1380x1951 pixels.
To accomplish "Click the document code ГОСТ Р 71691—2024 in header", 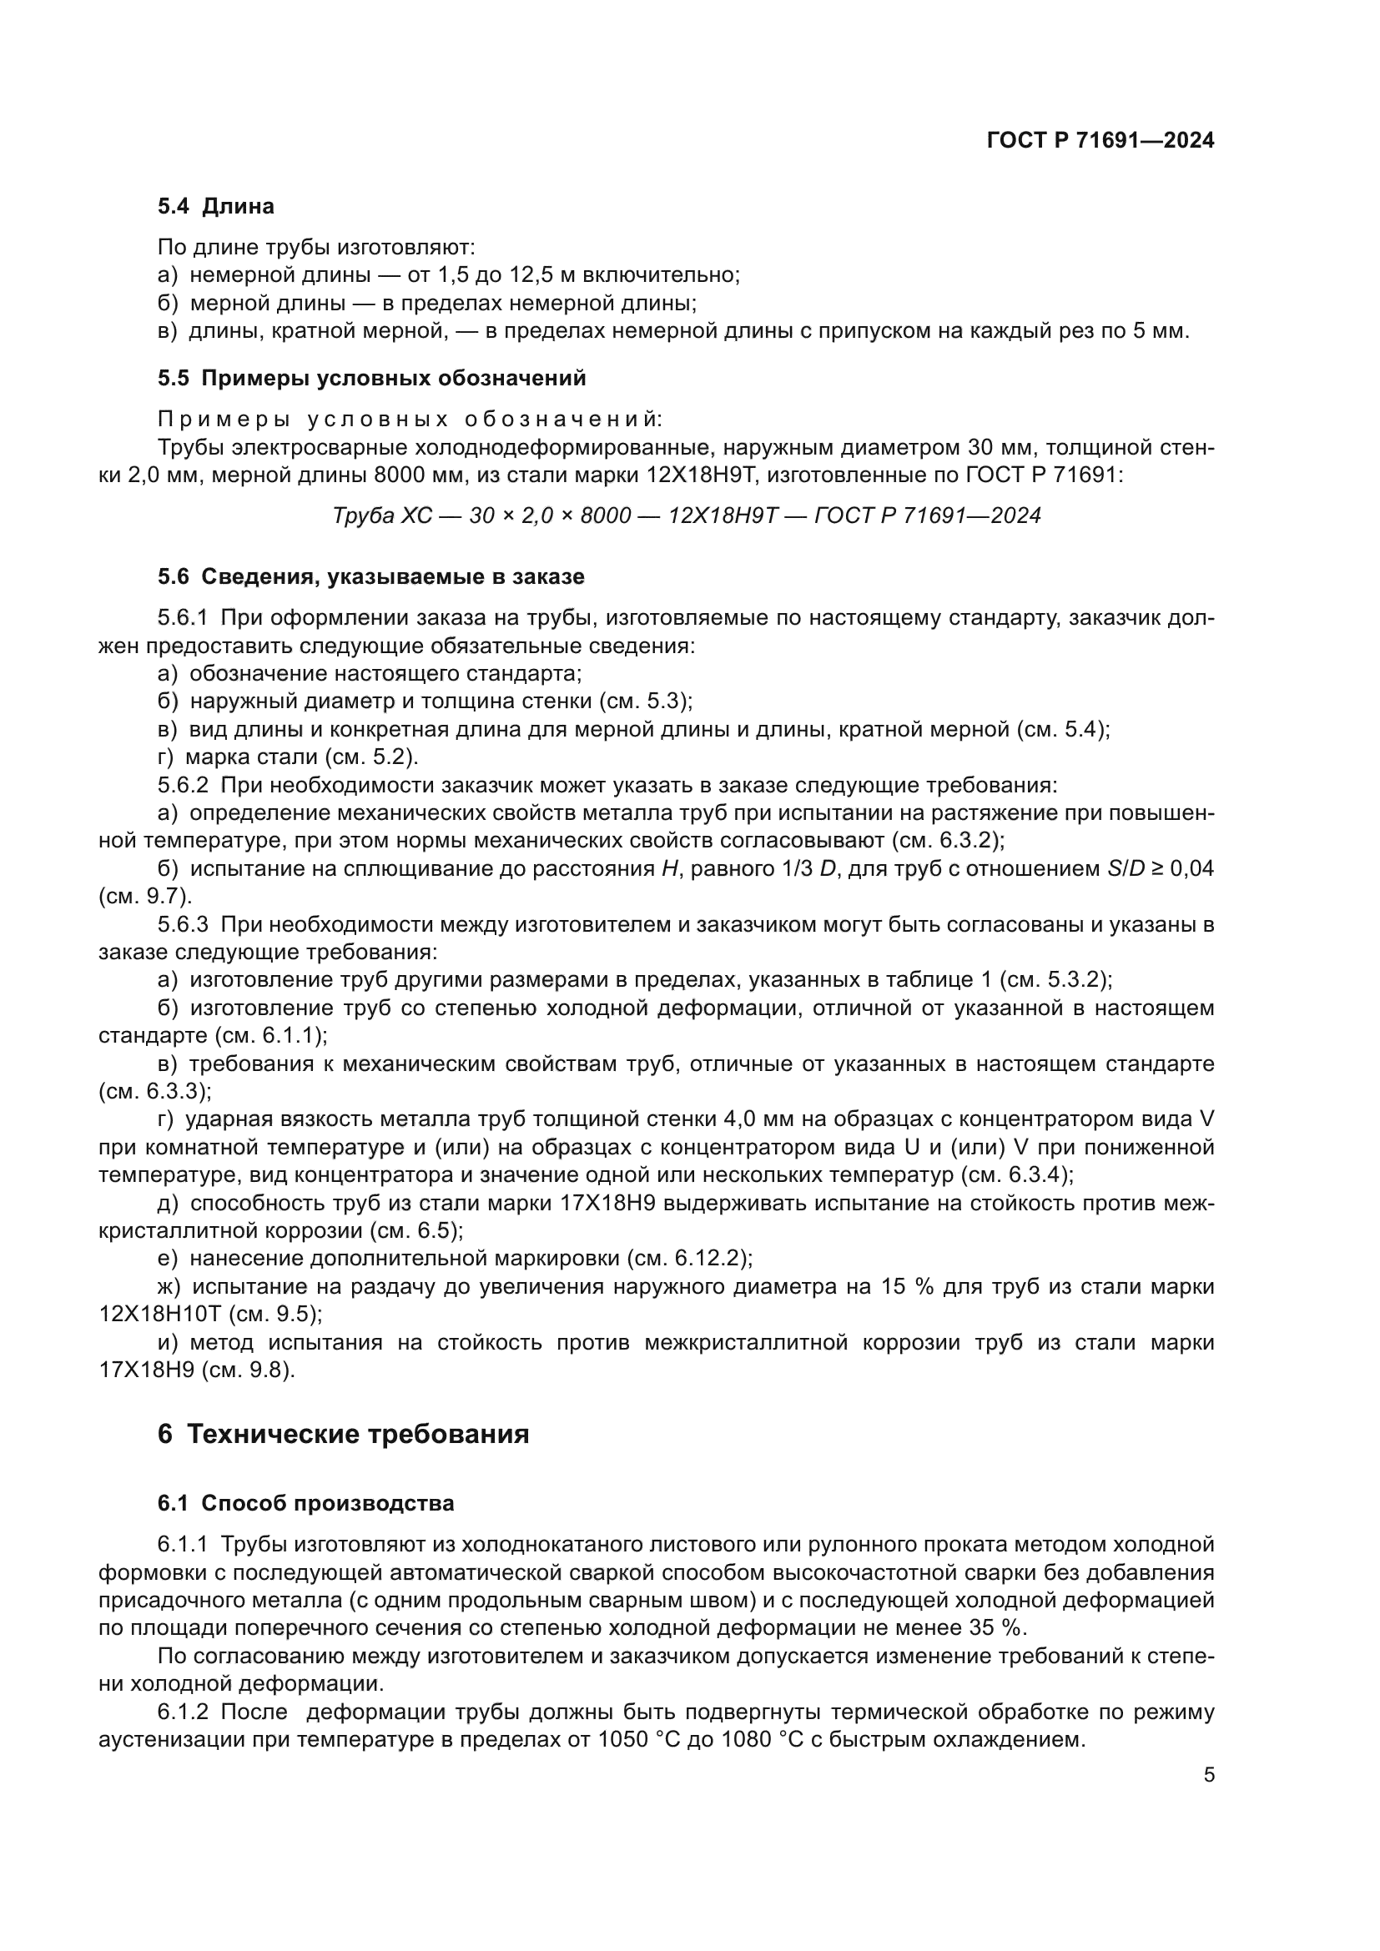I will tap(1100, 140).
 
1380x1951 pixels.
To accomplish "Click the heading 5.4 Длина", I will tap(216, 207).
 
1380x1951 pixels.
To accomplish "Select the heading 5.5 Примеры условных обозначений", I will tap(371, 378).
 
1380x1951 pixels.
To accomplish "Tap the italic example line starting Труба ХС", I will tap(687, 515).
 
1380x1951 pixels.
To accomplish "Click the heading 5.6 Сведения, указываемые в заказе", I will tap(370, 577).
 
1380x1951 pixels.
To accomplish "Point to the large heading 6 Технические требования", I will tap(343, 1435).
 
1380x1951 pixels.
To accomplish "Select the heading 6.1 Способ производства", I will tap(306, 1503).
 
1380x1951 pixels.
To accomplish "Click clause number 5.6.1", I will tap(183, 618).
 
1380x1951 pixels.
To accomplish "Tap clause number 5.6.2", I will tap(183, 785).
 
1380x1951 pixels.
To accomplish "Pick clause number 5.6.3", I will tap(183, 924).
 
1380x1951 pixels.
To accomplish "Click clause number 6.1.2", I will tap(183, 1711).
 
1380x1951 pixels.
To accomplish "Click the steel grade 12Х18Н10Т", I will tap(159, 1315).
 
